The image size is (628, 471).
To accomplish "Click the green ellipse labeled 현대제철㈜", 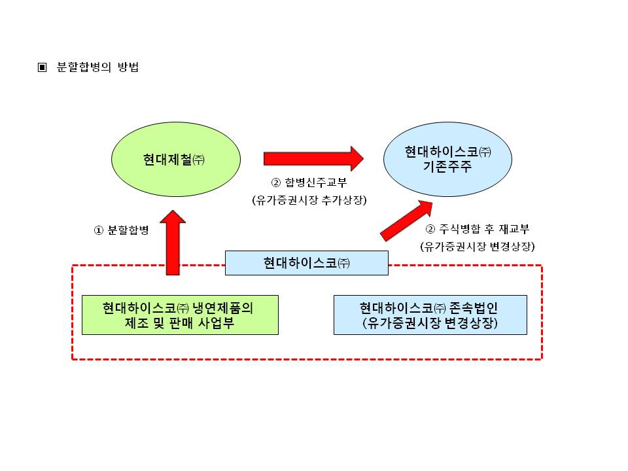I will (176, 160).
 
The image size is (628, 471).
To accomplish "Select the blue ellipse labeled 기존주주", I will (447, 160).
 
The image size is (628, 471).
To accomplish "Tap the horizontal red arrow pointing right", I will (313, 158).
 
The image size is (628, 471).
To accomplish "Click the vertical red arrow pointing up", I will (173, 242).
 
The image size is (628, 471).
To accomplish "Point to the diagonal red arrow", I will (406, 221).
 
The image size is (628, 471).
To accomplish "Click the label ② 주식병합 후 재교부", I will (478, 229).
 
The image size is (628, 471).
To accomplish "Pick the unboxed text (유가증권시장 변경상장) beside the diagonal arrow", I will (478, 247).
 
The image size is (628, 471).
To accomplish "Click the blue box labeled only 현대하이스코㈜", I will (307, 263).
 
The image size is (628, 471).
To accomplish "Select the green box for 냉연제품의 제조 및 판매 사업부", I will (180, 315).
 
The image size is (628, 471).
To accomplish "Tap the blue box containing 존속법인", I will (430, 315).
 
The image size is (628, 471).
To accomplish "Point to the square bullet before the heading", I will (43, 67).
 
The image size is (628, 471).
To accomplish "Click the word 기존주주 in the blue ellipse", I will (447, 167).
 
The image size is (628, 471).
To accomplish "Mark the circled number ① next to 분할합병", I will (99, 230).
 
